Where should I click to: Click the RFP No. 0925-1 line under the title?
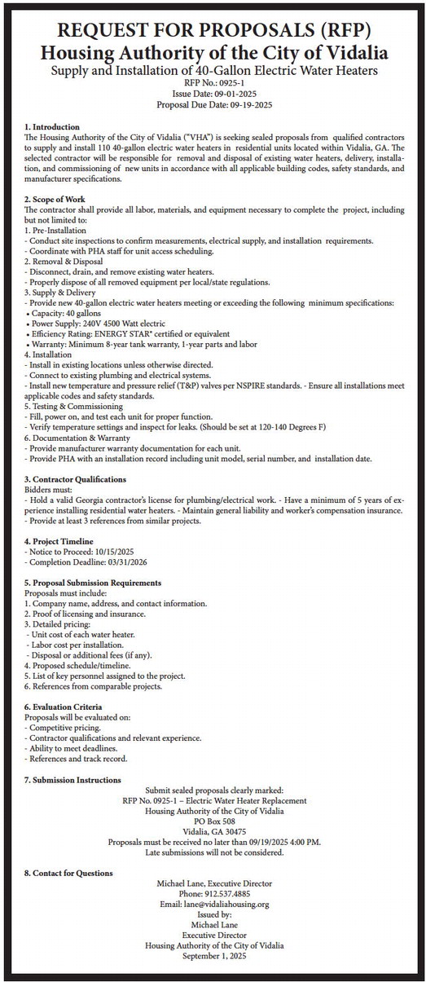(x=214, y=83)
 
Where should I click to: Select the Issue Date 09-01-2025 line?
(x=214, y=95)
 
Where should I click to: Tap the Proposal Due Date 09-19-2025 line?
(x=214, y=106)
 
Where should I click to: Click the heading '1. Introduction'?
(x=52, y=127)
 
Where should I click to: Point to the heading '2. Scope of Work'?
(x=56, y=200)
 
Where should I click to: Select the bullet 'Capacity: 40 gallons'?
(x=64, y=313)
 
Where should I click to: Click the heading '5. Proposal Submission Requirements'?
(x=93, y=583)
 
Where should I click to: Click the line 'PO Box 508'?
(x=214, y=821)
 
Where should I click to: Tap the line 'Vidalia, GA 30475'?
(x=214, y=831)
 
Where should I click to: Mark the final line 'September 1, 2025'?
(x=214, y=955)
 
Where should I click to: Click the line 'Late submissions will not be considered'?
(x=214, y=852)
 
